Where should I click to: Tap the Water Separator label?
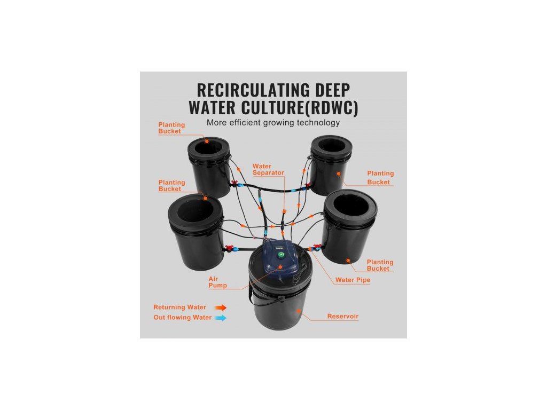coord(268,170)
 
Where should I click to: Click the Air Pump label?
coord(217,282)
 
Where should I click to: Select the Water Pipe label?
coord(353,280)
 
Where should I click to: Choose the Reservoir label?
coord(343,317)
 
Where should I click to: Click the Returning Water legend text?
coord(179,307)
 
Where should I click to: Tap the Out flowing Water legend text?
coord(182,318)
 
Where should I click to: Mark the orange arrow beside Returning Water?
coord(221,307)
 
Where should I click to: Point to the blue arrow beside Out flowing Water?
coord(221,318)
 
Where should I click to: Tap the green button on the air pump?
coord(280,255)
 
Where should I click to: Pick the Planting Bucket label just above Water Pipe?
coord(380,265)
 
